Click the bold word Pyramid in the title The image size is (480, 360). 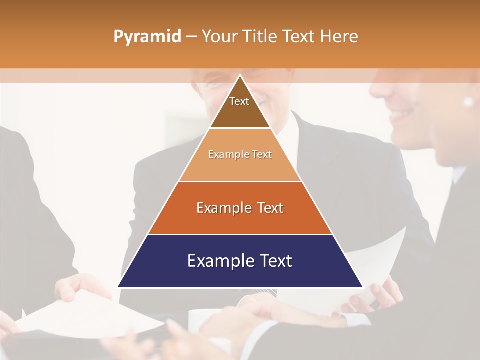click(147, 37)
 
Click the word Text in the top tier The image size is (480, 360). click(239, 101)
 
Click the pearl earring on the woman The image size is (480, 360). click(468, 102)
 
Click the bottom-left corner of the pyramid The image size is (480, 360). click(118, 287)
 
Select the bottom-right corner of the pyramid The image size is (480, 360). click(362, 287)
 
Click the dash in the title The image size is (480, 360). click(191, 37)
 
